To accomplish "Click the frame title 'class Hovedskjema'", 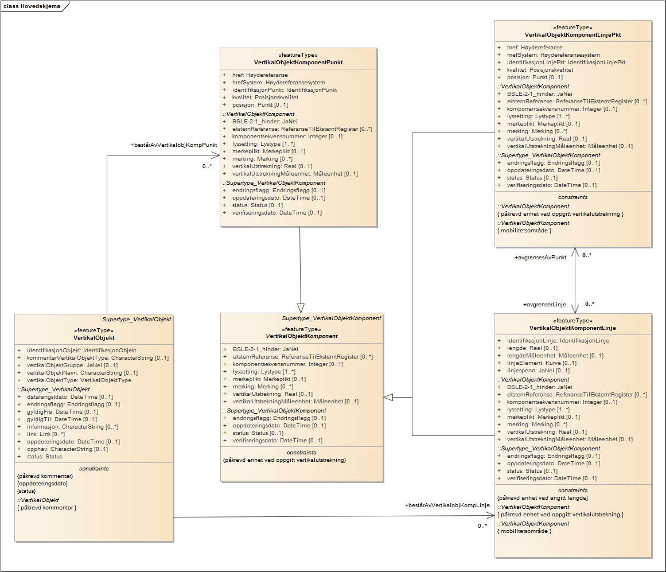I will pos(32,6).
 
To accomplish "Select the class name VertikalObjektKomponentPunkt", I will pos(298,63).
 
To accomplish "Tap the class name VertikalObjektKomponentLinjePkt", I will pos(572,35).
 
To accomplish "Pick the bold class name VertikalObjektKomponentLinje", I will pos(572,328).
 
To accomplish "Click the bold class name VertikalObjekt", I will pos(94,338).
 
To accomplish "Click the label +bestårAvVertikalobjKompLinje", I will pos(447,505).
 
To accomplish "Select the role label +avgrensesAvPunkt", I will pos(540,258).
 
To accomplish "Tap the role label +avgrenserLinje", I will pos(544,304).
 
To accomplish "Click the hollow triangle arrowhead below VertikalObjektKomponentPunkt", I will pos(300,307).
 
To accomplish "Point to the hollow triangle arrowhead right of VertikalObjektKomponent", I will pos(388,396).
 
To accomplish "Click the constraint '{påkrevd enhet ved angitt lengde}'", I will pos(542,498).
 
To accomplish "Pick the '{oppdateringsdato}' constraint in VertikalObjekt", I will pos(43,483).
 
